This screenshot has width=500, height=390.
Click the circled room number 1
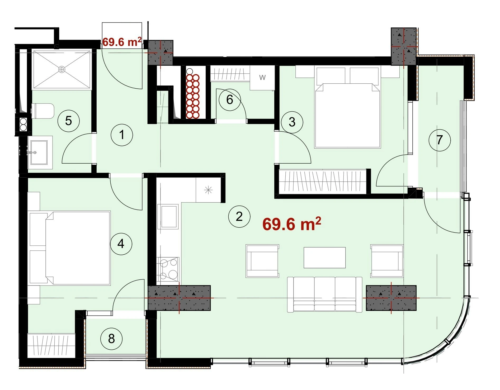click(x=122, y=135)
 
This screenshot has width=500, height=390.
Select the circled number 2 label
click(x=239, y=216)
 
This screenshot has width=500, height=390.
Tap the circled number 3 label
click(x=292, y=122)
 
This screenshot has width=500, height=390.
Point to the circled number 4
click(x=121, y=244)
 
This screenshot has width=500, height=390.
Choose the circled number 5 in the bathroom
click(x=69, y=121)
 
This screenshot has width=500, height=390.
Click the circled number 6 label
click(x=230, y=99)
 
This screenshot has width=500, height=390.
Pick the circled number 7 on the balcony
click(x=440, y=140)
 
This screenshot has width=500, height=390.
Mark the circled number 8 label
click(x=111, y=339)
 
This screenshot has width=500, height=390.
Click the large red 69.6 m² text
click(x=292, y=224)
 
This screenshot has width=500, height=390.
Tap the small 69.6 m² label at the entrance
click(x=122, y=42)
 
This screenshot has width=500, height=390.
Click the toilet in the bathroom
click(x=43, y=111)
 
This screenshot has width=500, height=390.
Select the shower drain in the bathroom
click(x=62, y=69)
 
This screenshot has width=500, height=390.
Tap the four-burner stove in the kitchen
click(x=168, y=269)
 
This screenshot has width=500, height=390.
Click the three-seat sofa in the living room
click(x=324, y=294)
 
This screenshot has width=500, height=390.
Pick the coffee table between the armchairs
click(x=324, y=258)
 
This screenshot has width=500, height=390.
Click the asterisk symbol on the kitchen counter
click(x=208, y=190)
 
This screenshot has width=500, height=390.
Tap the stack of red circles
click(x=193, y=96)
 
